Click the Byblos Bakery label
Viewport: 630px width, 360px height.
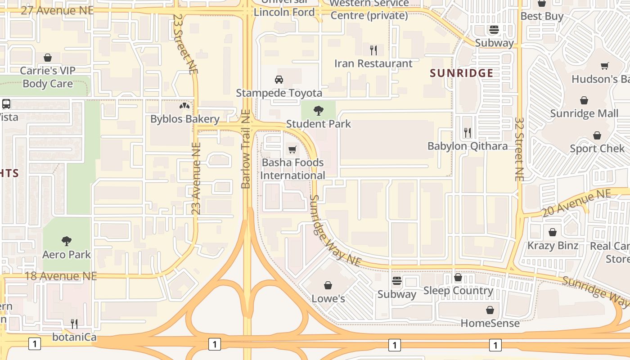pyautogui.click(x=184, y=119)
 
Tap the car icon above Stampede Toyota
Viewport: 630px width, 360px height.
pyautogui.click(x=279, y=80)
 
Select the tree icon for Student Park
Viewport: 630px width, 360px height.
pyautogui.click(x=319, y=110)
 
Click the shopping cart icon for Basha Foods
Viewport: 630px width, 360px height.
pyautogui.click(x=292, y=149)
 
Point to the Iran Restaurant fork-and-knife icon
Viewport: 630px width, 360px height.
pyautogui.click(x=373, y=50)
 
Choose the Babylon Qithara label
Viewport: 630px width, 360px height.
pyautogui.click(x=467, y=146)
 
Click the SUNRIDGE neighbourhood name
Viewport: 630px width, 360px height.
pyautogui.click(x=461, y=73)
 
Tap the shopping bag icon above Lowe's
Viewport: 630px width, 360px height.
pyautogui.click(x=328, y=285)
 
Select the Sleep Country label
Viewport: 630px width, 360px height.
pyautogui.click(x=458, y=291)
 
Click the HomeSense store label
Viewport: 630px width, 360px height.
pyautogui.click(x=490, y=323)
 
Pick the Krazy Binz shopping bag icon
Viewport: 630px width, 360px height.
pyautogui.click(x=553, y=232)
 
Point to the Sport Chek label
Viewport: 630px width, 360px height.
pyautogui.click(x=597, y=148)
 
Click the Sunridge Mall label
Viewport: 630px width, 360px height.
pyautogui.click(x=584, y=113)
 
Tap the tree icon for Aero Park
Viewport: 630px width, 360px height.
pyautogui.click(x=67, y=241)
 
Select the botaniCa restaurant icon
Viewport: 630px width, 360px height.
pyautogui.click(x=74, y=324)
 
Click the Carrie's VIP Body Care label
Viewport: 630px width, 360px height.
pyautogui.click(x=48, y=77)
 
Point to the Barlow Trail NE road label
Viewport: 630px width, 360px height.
pyautogui.click(x=246, y=149)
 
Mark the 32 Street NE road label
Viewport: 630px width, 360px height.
pyautogui.click(x=519, y=149)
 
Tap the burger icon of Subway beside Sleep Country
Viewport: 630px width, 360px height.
pyautogui.click(x=396, y=281)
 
